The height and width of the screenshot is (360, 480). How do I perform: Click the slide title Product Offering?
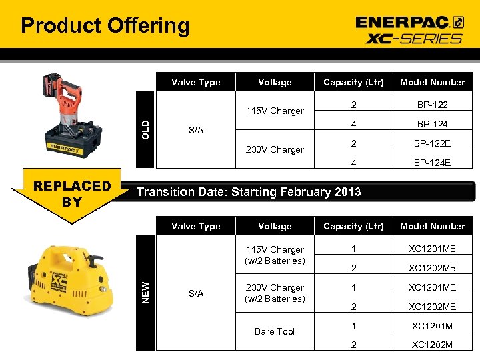coord(105,26)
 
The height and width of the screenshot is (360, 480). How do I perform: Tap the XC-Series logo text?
coord(413,38)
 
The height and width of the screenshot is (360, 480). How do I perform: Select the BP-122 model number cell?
coord(432,105)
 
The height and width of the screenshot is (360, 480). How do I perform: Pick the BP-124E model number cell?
coord(432,162)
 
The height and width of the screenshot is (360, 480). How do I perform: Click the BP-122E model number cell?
coord(432,143)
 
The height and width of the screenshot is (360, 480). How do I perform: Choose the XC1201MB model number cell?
coord(432,249)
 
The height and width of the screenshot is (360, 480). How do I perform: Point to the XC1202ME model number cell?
coord(432,307)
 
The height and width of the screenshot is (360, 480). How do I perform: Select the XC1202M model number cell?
coord(432,345)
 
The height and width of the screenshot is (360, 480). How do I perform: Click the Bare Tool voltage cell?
coord(275,331)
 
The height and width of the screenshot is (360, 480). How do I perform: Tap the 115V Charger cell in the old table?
coord(275,111)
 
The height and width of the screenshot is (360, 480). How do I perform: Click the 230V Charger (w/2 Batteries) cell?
coord(275,293)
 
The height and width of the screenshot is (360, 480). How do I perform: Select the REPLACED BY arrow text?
coord(73,193)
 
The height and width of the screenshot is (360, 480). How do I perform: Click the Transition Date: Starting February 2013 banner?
coord(249,192)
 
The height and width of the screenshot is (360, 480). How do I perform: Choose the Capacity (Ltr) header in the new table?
coord(353,226)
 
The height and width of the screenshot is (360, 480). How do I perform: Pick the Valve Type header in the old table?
coord(195,82)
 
